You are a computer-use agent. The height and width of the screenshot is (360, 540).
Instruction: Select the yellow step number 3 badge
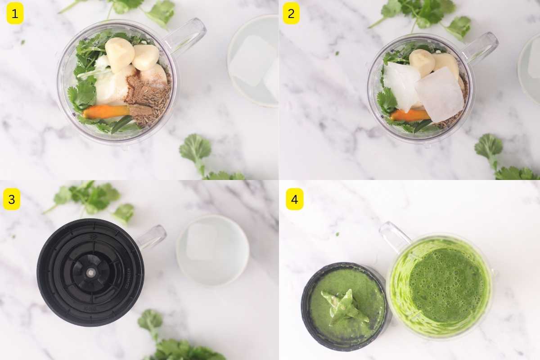point(12,199)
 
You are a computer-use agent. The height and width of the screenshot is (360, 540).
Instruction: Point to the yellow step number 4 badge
point(294,199)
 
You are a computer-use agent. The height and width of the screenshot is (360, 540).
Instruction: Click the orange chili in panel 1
point(105,112)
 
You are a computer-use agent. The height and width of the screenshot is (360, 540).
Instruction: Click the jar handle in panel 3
point(152,237)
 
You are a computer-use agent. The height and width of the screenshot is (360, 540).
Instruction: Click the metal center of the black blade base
point(91,272)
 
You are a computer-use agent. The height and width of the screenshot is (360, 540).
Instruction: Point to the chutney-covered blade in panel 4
point(344,306)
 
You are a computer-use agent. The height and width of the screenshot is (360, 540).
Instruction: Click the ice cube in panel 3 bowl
point(201,242)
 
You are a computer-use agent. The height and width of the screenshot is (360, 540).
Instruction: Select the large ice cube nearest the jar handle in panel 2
point(439,94)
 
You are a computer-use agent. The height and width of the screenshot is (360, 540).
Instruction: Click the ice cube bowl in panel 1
point(253,61)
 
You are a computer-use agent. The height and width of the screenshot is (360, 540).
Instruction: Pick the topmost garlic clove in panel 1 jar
point(119,53)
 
